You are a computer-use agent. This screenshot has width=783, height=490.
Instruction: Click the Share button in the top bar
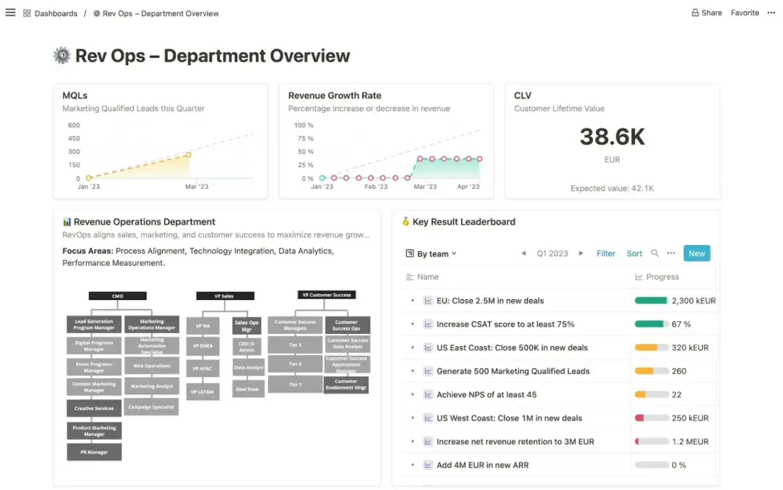coord(706,13)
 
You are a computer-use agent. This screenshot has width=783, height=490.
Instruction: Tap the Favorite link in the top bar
coord(745,13)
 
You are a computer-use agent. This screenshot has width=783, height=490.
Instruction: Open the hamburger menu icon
coord(10,12)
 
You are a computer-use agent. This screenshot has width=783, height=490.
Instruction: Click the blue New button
coord(696,253)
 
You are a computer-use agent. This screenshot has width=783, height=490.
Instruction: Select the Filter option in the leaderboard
coord(606,253)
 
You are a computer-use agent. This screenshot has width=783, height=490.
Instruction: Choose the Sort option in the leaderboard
coord(634,253)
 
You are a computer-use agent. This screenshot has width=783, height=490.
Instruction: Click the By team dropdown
coord(431,254)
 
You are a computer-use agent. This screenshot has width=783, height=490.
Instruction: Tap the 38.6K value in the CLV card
coord(612,137)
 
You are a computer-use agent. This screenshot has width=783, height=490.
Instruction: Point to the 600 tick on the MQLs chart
coord(74,125)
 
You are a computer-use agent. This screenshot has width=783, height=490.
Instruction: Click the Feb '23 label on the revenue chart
coord(376,186)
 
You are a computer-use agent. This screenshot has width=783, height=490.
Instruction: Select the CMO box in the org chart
coord(117,296)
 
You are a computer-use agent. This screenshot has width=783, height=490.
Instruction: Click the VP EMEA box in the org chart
coord(203,345)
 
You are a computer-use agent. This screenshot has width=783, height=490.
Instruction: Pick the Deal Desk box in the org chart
coord(248,389)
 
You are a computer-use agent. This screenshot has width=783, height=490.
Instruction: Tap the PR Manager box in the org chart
coord(94,452)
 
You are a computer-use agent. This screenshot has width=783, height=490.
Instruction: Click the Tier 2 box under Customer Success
coord(295,364)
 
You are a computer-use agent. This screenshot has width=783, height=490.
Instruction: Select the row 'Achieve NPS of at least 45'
coord(486,395)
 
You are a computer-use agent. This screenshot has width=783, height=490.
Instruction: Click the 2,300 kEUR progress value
coord(693,301)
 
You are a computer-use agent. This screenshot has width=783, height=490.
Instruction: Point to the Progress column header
coord(662,277)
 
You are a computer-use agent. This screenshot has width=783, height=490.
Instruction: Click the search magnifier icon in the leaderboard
coord(655,253)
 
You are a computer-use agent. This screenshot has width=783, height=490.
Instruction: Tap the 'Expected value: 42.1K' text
coord(612,189)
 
